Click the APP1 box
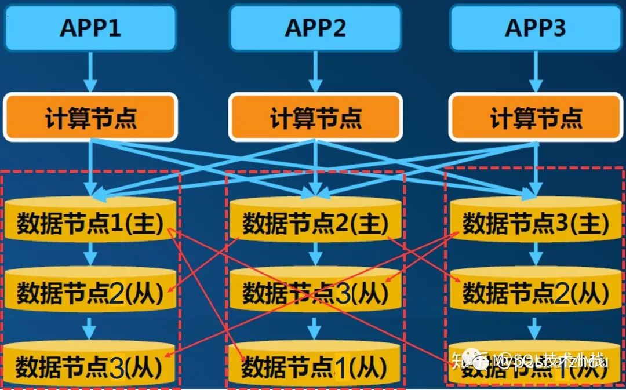tap(90, 28)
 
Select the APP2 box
tap(315, 28)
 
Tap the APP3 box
tap(535, 28)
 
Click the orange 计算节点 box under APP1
tap(90, 118)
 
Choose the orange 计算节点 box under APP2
tap(315, 118)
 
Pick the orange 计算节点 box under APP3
tap(535, 118)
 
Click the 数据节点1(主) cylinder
tap(90, 223)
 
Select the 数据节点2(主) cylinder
tap(315, 223)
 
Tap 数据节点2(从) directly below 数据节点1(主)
tap(90, 293)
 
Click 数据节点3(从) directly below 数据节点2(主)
tap(315, 293)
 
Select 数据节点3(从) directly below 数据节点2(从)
tap(90, 365)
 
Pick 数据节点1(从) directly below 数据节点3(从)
tap(315, 365)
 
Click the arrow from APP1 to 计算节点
tap(90, 72)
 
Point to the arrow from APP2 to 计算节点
tap(315, 72)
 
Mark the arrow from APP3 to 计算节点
tap(535, 72)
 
